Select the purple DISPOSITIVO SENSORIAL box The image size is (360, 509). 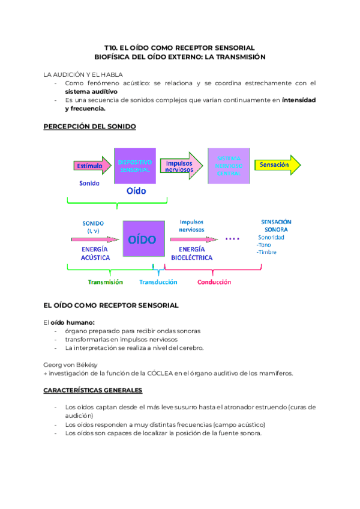pyautogui.click(x=135, y=166)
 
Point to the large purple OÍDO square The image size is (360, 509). pyautogui.click(x=142, y=239)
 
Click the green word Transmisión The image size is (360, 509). pyautogui.click(x=105, y=282)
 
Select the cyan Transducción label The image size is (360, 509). pyautogui.click(x=158, y=282)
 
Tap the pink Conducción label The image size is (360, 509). pyautogui.click(x=214, y=282)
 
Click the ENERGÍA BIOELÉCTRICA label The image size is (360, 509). pyautogui.click(x=191, y=253)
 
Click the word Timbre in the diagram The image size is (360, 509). pyautogui.click(x=268, y=252)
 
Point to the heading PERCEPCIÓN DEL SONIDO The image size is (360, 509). pyautogui.click(x=90, y=126)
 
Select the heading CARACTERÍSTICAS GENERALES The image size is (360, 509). pyautogui.click(x=93, y=390)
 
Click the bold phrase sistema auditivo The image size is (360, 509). pyautogui.click(x=91, y=92)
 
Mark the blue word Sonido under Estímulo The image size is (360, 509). pyautogui.click(x=89, y=183)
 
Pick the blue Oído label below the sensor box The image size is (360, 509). pyautogui.click(x=136, y=191)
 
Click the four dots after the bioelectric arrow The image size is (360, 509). pyautogui.click(x=232, y=239)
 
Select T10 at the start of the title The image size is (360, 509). pyautogui.click(x=110, y=47)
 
